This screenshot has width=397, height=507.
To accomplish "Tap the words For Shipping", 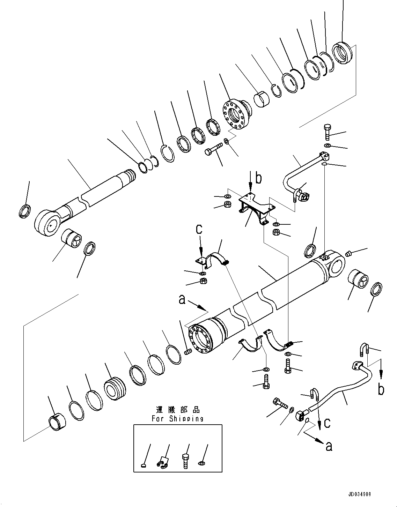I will tap(177, 419).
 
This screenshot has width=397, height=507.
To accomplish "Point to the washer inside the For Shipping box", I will tap(202, 463).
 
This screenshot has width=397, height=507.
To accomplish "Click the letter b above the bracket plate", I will tap(258, 178).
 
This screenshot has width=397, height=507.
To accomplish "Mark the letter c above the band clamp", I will tap(199, 229).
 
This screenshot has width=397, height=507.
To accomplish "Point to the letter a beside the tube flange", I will tap(182, 299).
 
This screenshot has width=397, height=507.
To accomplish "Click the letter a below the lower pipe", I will tap(329, 446).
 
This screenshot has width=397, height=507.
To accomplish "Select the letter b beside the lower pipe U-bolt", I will tap(381, 389).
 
